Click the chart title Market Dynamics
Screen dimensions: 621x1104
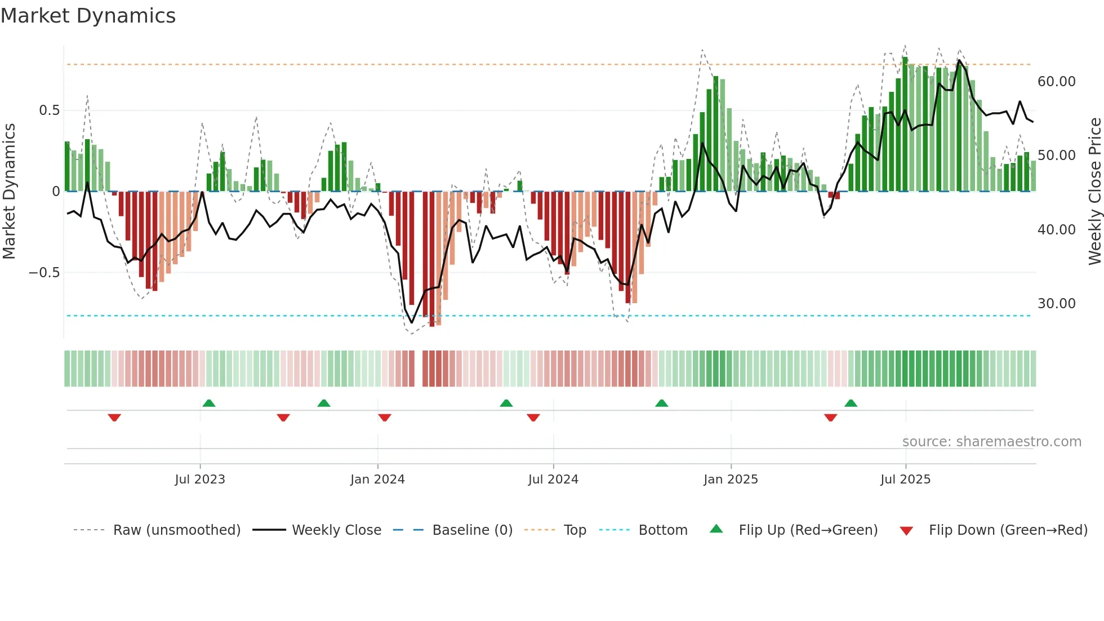click(x=88, y=16)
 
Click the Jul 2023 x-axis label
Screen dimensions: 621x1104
click(x=200, y=480)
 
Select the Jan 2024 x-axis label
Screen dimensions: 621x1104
click(x=377, y=480)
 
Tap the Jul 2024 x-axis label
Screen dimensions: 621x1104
click(x=553, y=480)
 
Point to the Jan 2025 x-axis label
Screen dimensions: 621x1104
click(x=731, y=480)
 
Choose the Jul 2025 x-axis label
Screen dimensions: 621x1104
click(x=906, y=480)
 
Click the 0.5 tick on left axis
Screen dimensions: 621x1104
click(x=50, y=110)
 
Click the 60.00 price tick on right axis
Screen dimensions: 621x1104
click(x=1057, y=82)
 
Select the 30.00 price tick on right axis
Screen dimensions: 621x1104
click(x=1057, y=304)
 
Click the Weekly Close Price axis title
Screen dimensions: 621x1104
click(x=1094, y=192)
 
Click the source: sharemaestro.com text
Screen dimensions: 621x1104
click(x=991, y=442)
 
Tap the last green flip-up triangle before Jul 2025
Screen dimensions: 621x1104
click(x=851, y=403)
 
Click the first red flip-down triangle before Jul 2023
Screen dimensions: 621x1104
click(x=114, y=418)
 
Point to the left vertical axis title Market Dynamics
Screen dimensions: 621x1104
click(x=9, y=192)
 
